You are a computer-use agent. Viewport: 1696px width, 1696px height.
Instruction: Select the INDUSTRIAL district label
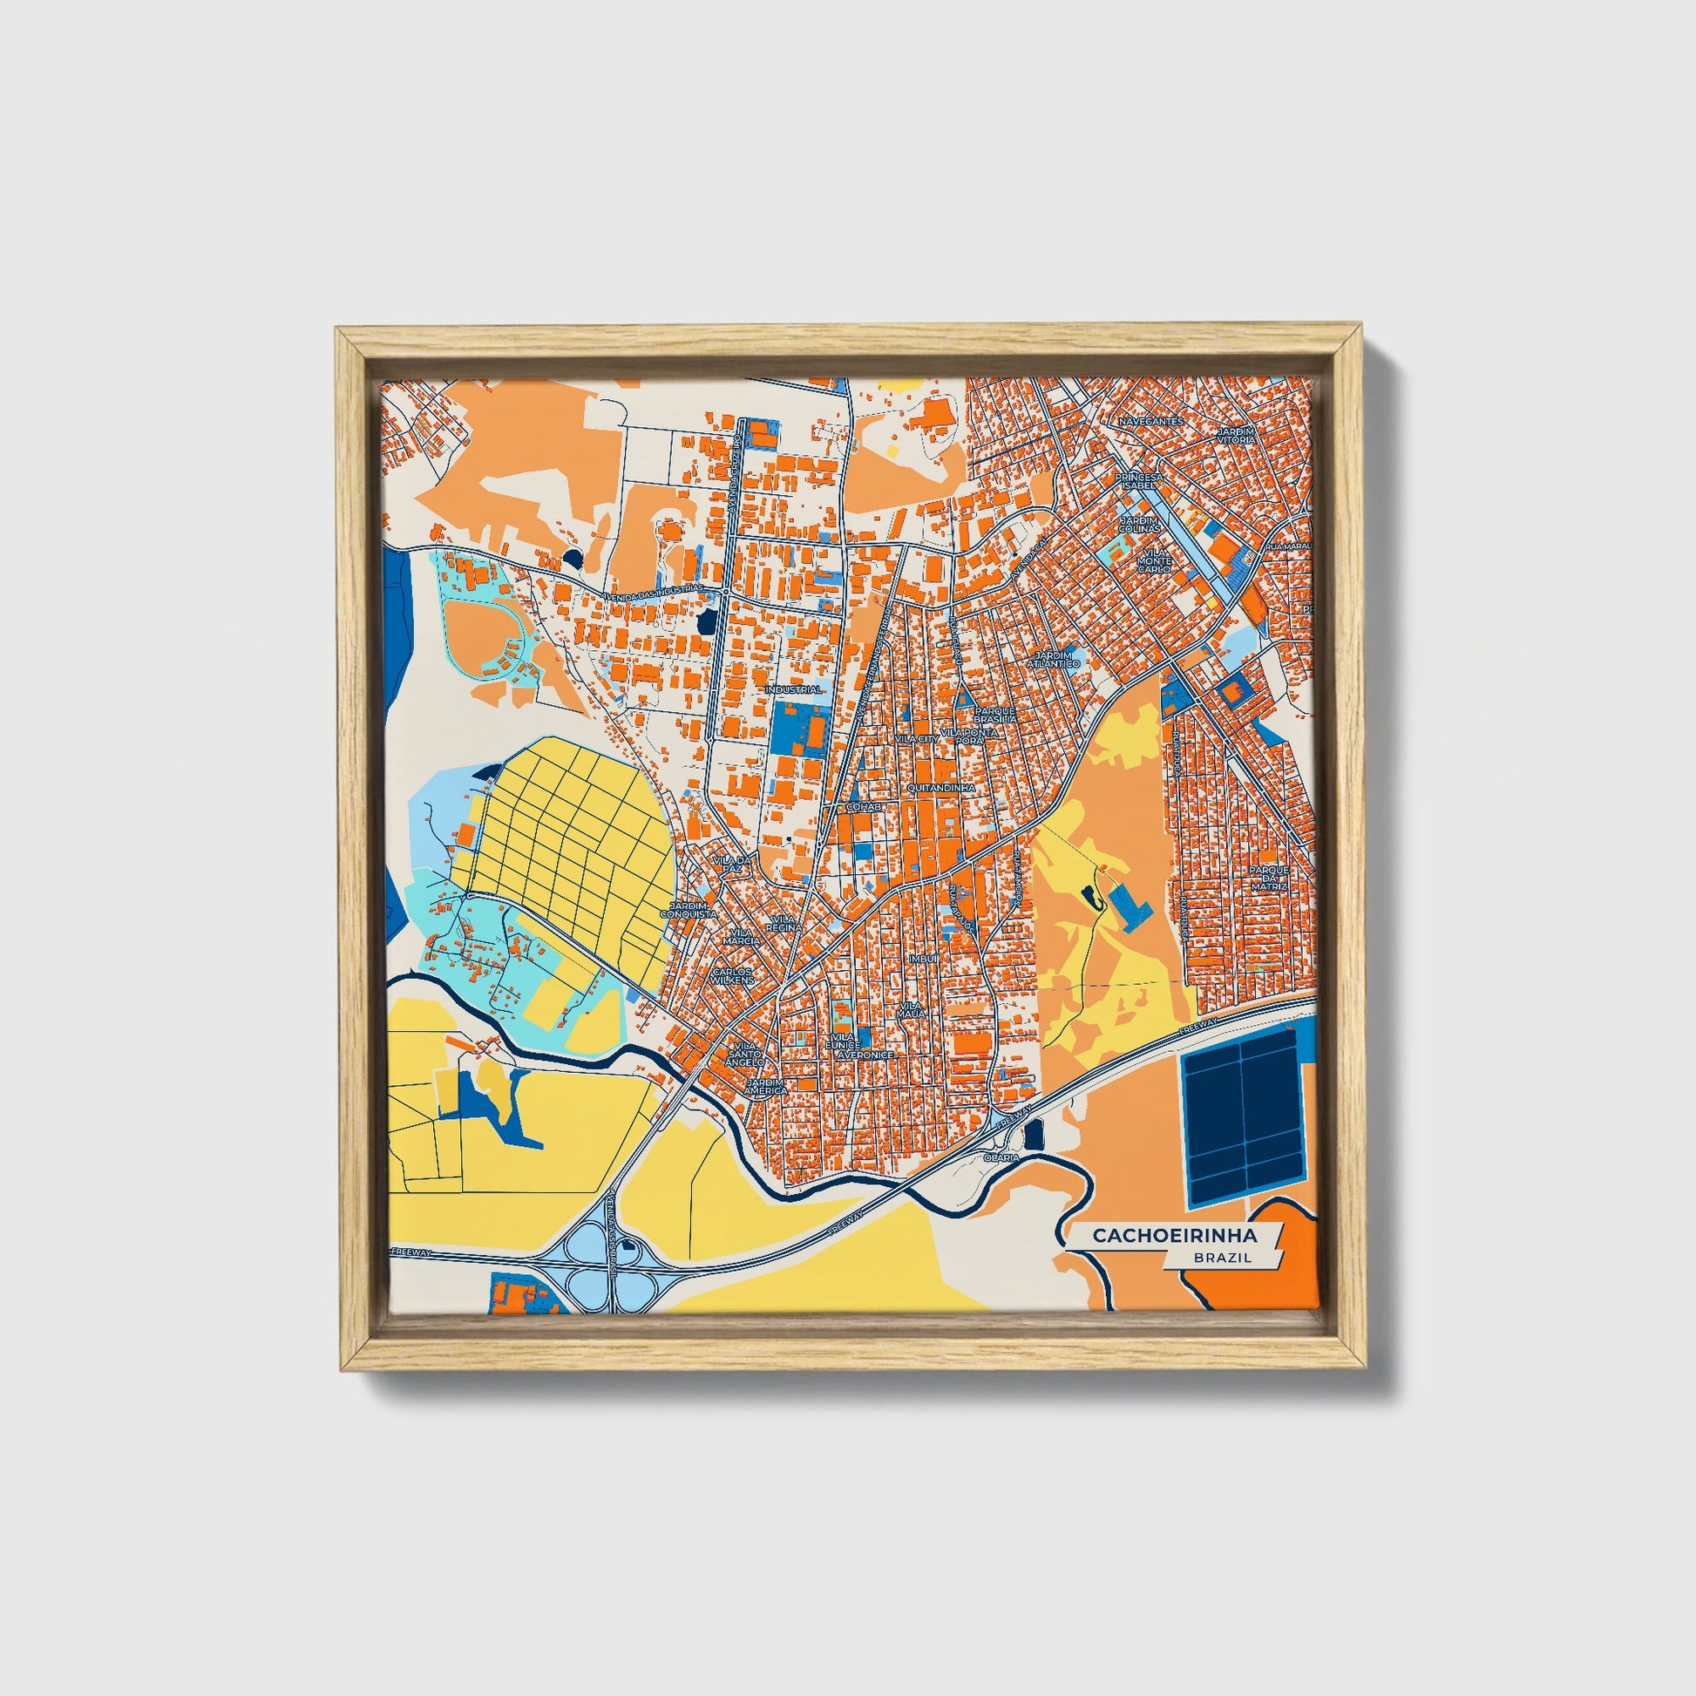click(x=794, y=690)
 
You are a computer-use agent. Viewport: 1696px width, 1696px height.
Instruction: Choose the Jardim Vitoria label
click(x=1238, y=436)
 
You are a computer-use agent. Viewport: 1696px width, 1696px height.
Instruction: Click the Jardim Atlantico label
click(x=1056, y=659)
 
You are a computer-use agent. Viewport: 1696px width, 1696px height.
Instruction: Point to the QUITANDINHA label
click(x=942, y=789)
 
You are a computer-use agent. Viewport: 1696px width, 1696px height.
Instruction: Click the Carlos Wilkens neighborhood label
click(x=732, y=976)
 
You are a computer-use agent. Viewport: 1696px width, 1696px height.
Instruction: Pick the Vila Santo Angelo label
click(x=744, y=1055)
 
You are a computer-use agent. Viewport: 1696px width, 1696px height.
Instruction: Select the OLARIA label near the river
click(x=1001, y=1157)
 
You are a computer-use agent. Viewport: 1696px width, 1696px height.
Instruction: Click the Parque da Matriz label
click(x=1273, y=878)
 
